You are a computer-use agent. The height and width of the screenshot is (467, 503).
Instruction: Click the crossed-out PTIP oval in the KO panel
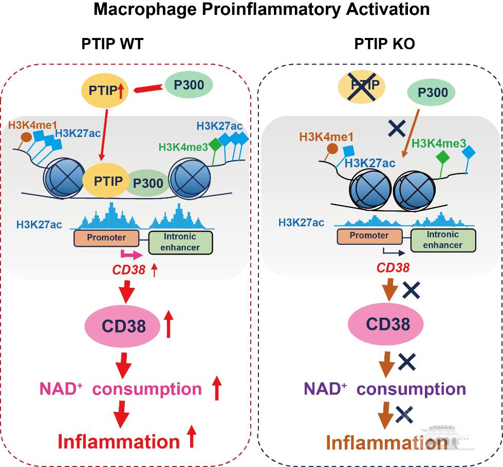tap(361, 84)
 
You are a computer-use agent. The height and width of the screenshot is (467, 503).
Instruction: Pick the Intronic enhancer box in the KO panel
tap(443, 240)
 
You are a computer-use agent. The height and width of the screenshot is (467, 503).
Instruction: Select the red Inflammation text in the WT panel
tap(117, 441)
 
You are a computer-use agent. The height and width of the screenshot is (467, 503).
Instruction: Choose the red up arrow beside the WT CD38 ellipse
tap(168, 326)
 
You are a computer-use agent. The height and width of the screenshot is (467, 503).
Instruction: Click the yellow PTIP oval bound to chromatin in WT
tap(108, 181)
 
